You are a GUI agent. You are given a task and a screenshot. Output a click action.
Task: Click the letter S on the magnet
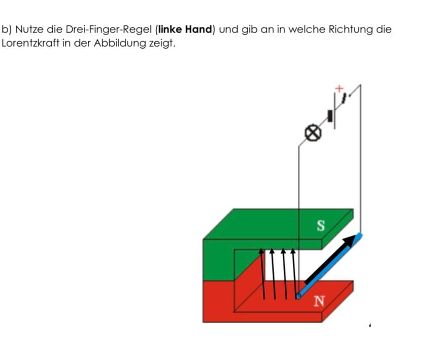click(320, 226)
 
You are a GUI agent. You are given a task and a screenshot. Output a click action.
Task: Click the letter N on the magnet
click(319, 301)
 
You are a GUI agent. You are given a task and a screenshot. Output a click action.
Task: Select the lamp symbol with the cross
click(313, 133)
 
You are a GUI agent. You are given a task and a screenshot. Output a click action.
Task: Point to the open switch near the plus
click(346, 97)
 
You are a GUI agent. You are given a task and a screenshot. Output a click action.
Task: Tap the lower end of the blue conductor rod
click(299, 295)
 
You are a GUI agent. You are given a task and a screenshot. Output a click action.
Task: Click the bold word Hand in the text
click(198, 29)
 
